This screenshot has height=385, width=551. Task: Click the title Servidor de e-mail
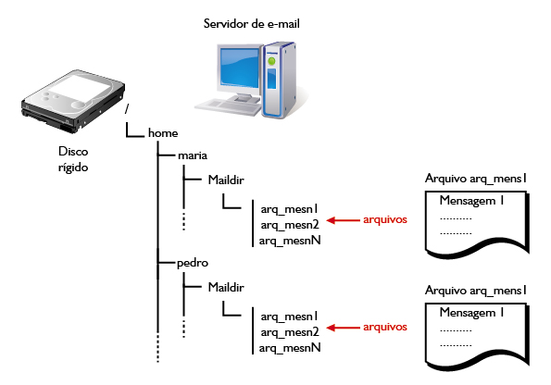[251, 24]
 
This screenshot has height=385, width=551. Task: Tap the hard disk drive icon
[73, 101]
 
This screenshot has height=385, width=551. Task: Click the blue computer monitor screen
[240, 68]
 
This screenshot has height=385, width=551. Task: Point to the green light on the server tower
[271, 61]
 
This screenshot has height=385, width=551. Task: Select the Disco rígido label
[73, 159]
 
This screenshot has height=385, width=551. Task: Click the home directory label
[163, 133]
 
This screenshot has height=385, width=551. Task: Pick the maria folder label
[193, 155]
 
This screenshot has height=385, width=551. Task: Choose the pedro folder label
[193, 263]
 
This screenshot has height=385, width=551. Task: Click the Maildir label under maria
[226, 180]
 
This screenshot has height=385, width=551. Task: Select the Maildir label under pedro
[226, 287]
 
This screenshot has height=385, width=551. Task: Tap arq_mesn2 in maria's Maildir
[290, 225]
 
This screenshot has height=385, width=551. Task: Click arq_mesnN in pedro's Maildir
[290, 348]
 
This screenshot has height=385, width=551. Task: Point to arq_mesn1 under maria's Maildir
[289, 209]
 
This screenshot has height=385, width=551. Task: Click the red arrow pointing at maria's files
[343, 220]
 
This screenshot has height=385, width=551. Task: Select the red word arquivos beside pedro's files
[385, 327]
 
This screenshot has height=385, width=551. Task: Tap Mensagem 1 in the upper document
[471, 201]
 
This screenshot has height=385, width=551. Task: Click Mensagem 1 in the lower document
[471, 312]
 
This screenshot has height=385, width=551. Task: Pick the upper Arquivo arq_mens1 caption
[476, 179]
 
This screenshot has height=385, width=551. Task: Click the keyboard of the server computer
[229, 106]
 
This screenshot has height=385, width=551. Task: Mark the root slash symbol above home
[127, 109]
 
